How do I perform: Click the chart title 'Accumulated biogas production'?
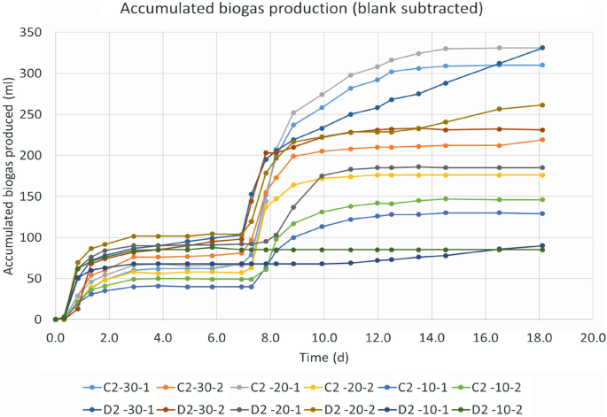tap(304, 11)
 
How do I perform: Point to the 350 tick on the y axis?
tap(36, 32)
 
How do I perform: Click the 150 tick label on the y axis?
tap(36, 197)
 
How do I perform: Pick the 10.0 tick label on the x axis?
tap(324, 337)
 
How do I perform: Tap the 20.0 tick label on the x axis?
tap(592, 337)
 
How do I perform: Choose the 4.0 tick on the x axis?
tap(163, 337)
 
